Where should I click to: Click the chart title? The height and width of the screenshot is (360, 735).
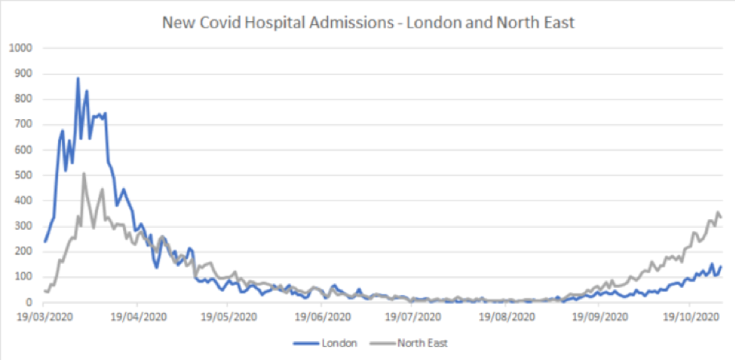coord(368,23)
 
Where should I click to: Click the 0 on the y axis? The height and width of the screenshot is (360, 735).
coord(28,302)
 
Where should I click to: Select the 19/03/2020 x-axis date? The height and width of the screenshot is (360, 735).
coord(45,317)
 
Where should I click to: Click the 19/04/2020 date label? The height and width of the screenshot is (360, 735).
coord(138,317)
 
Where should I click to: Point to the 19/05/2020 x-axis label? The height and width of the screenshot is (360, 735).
coord(229,317)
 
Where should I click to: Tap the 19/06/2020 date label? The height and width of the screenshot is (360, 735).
coord(322,317)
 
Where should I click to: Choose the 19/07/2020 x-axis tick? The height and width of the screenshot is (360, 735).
coord(413,317)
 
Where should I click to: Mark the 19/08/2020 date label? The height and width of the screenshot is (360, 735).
coord(505,317)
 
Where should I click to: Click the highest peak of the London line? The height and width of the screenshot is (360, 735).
coord(77,78)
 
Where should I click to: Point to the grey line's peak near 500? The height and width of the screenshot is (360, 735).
coord(84,174)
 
